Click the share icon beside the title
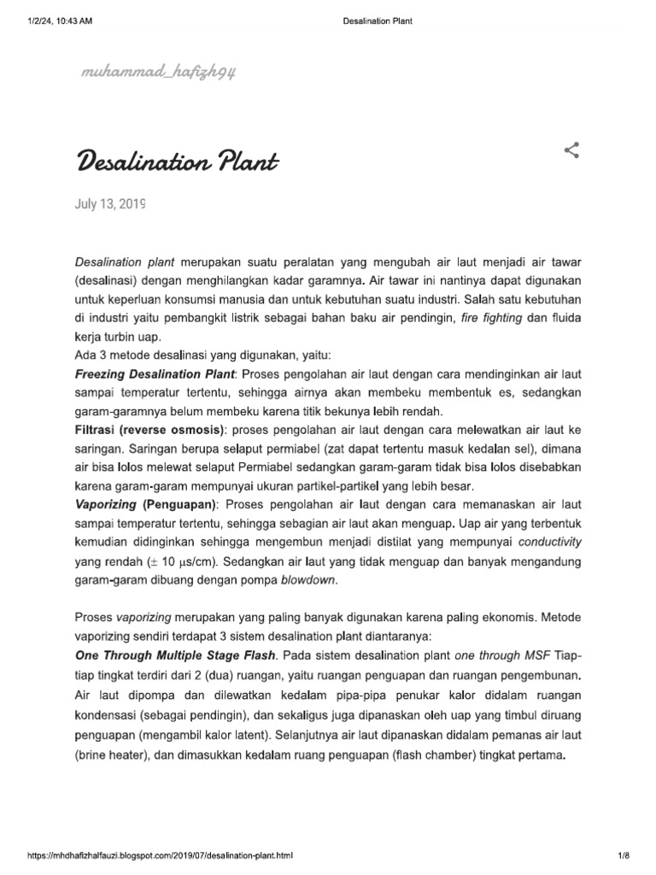point(572,151)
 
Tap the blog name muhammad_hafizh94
point(159,76)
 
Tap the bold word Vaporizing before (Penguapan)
point(107,505)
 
